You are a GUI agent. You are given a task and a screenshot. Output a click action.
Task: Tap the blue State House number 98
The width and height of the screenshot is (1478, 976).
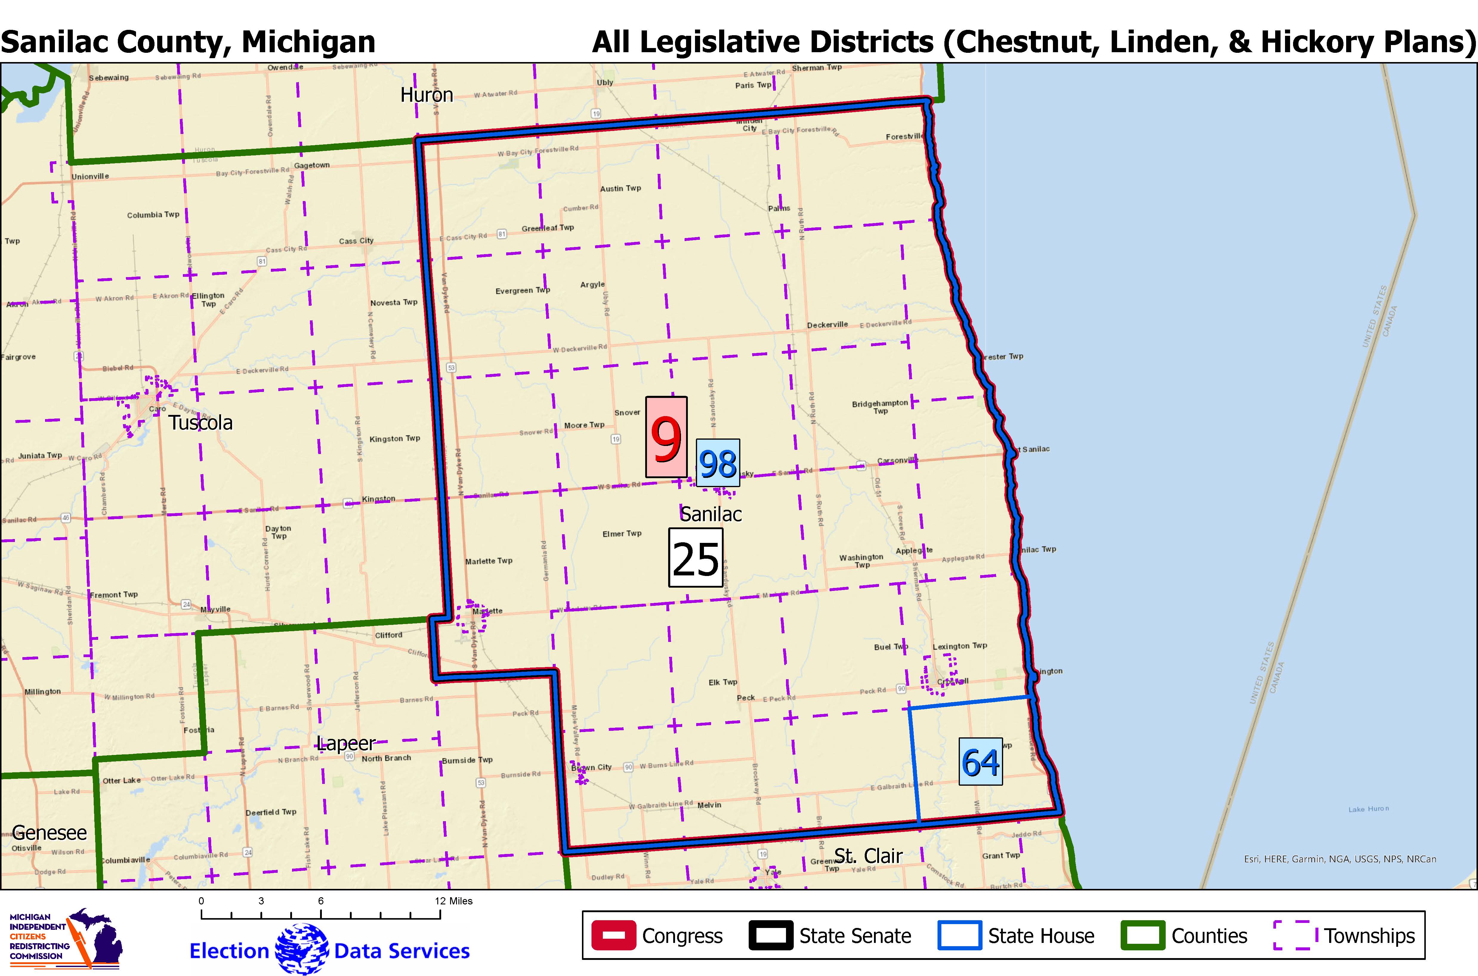pos(718,462)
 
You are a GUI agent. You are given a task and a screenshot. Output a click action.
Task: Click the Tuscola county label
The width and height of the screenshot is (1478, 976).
pos(200,423)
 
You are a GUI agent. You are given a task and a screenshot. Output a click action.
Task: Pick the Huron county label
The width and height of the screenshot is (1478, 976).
pos(426,95)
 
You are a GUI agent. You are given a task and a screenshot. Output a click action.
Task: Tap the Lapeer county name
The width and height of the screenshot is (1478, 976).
pos(346,743)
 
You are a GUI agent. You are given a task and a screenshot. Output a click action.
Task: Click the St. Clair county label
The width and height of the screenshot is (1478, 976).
pos(868,856)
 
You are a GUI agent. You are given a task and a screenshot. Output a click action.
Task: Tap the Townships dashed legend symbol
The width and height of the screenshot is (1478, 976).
pos(1295,935)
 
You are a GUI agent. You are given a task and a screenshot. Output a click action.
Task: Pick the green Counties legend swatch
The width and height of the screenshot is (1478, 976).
pos(1142,935)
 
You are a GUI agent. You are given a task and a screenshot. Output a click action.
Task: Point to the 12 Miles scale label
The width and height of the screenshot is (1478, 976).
pos(454,901)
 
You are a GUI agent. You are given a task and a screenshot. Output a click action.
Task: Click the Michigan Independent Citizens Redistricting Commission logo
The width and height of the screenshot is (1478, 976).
pos(65,939)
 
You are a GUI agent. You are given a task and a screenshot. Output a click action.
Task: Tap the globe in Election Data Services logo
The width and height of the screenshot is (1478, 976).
pos(302,949)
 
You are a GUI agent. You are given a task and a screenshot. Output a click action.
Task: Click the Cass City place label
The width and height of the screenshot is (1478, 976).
pos(356,241)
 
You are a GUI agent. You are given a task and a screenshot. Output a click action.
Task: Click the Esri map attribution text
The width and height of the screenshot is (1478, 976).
pos(1340,859)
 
